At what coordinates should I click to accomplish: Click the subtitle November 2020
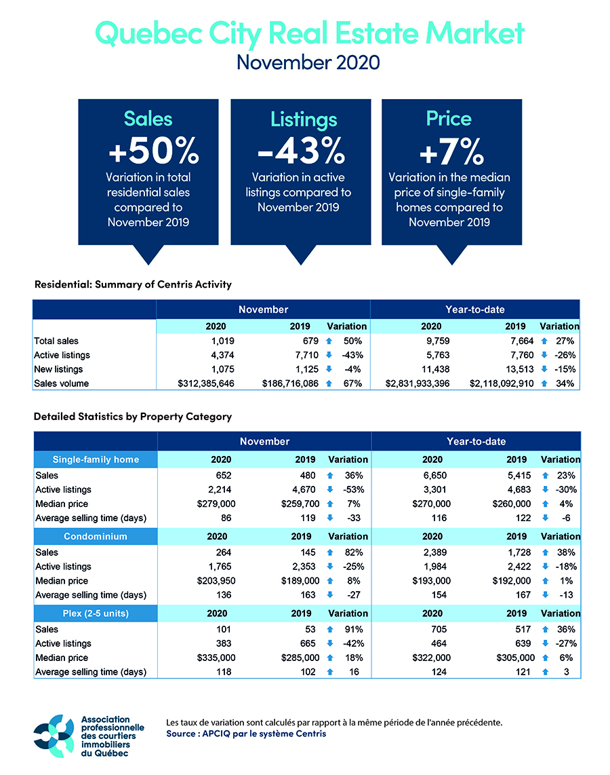pos(308,62)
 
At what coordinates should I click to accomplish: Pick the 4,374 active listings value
pos(216,355)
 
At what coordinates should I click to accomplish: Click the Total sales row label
pos(56,341)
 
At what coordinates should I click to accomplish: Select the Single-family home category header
pos(96,459)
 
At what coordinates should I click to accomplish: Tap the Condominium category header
pos(96,537)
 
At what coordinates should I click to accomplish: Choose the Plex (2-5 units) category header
pos(96,613)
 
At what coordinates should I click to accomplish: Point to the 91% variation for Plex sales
pos(352,629)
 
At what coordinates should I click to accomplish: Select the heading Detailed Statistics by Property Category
pos(133,416)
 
